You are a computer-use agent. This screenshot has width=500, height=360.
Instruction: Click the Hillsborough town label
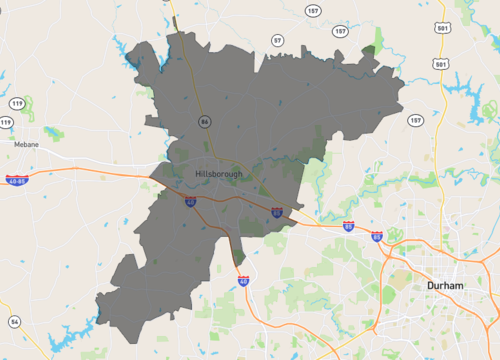point(219,174)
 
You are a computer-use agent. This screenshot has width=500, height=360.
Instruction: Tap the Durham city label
point(443,285)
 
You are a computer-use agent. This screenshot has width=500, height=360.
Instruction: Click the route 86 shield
point(205,121)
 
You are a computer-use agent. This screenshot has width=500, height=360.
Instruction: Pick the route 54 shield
point(14,321)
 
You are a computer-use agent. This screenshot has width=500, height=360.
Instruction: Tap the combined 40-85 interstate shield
point(15,180)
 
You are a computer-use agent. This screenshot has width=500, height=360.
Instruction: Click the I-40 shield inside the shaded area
point(190,201)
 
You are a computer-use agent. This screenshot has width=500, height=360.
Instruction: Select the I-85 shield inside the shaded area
point(277,212)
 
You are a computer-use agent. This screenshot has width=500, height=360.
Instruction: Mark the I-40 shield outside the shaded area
point(243,281)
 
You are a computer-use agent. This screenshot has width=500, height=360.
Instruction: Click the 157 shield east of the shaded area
point(415,120)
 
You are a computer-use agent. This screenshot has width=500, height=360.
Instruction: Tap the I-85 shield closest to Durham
point(376,237)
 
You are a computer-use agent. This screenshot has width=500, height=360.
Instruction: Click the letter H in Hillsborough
point(199,174)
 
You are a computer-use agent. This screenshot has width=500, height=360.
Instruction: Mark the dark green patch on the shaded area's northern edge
point(369,48)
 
